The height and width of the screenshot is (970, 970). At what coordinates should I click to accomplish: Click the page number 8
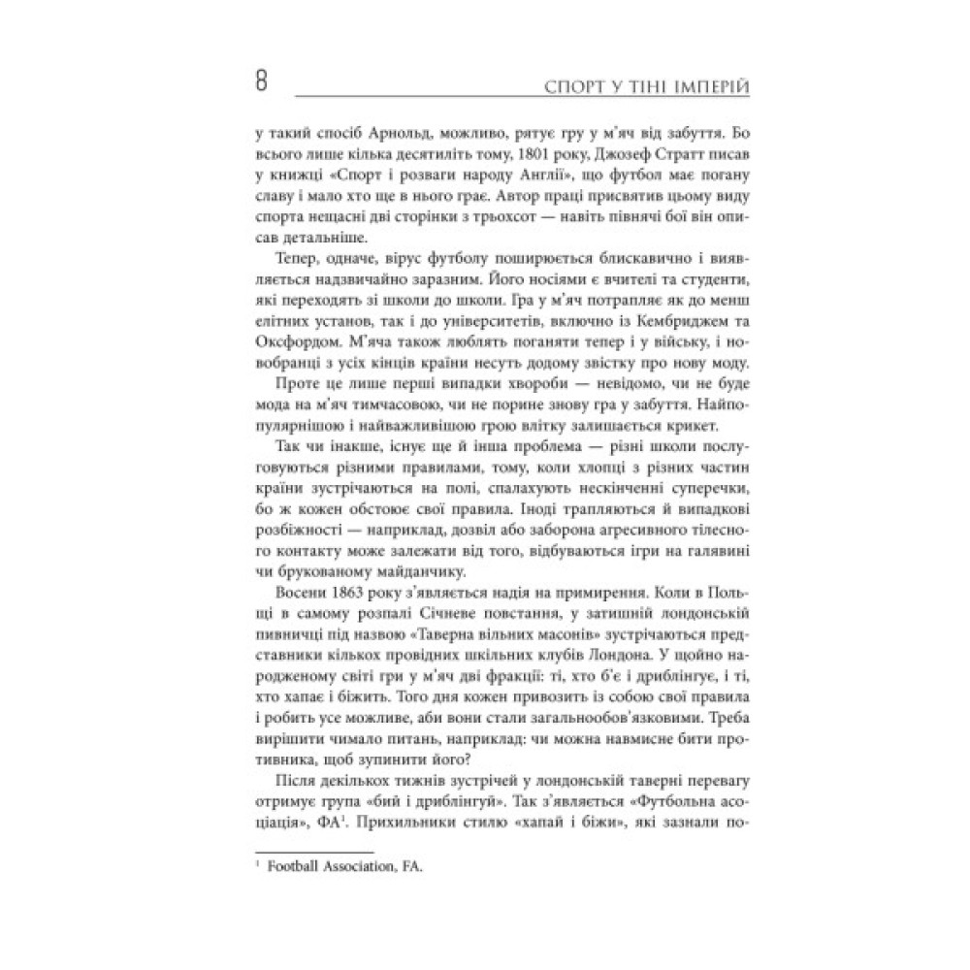tap(261, 81)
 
